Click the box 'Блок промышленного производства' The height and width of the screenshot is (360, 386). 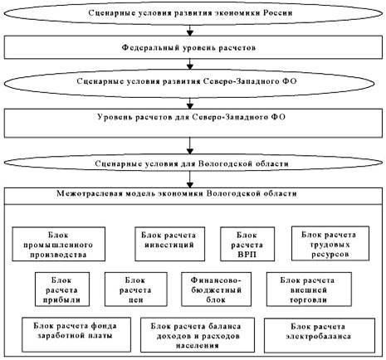[59, 244]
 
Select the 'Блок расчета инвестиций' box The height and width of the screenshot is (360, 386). [170, 244]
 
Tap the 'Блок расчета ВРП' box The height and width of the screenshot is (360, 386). [247, 244]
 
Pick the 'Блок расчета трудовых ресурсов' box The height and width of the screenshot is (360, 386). [330, 244]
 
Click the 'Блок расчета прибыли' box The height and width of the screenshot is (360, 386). [62, 289]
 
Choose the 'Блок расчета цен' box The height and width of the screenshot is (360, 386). [136, 289]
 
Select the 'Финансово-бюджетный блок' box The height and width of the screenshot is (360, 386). [217, 289]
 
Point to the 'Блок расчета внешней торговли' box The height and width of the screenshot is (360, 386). [309, 289]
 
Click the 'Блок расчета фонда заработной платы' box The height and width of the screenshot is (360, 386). [76, 334]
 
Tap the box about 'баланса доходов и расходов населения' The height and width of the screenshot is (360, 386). [198, 335]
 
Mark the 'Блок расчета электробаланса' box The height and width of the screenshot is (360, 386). [320, 335]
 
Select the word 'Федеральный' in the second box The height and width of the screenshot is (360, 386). [151, 48]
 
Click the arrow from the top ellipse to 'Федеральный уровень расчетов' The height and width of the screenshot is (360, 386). [190, 31]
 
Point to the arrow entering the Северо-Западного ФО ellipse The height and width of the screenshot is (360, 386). [190, 64]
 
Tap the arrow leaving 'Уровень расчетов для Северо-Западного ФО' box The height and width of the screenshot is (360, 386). [190, 146]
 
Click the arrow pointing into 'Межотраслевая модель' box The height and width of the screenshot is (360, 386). [190, 179]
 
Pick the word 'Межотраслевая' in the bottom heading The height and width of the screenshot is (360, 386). [90, 193]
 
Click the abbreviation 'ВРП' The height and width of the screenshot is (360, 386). [247, 254]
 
